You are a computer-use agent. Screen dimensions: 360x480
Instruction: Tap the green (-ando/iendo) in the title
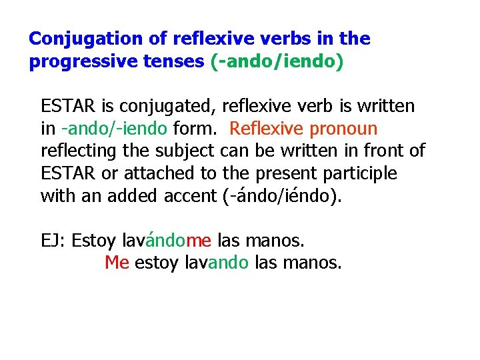277,62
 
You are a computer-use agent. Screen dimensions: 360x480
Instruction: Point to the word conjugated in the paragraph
179,106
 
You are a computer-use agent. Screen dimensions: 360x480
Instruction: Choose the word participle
359,173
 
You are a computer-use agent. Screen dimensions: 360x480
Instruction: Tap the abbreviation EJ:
53,240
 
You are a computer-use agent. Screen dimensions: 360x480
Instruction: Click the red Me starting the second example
117,263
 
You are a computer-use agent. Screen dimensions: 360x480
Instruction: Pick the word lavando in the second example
216,263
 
